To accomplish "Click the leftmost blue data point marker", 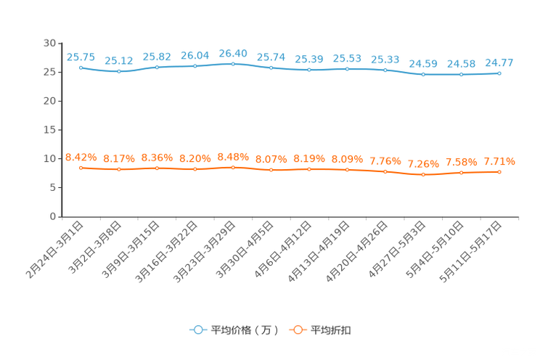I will [81, 67].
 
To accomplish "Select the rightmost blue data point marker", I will [499, 73].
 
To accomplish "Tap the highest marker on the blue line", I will [233, 64].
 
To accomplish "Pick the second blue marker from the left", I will [119, 71].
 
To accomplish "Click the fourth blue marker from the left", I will [195, 66].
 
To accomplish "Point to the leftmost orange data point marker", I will [81, 167].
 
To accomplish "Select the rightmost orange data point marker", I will [499, 171].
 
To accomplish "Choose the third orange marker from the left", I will [157, 168].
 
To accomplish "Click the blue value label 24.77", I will [499, 62].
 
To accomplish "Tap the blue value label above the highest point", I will [233, 53].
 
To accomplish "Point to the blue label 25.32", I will [119, 60].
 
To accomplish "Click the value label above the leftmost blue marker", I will [81, 57].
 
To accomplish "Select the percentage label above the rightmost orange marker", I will [499, 161].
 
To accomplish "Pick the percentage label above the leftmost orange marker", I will [81, 157].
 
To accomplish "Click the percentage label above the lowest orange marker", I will [423, 163].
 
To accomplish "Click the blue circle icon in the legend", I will [197, 330].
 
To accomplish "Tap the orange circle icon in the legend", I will [297, 330].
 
